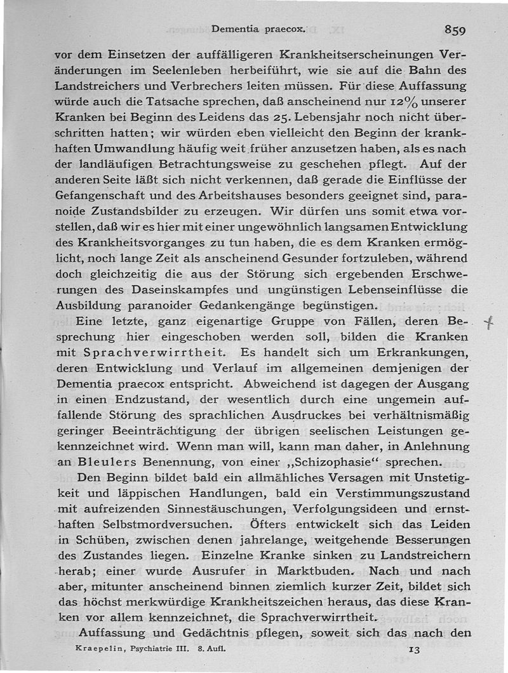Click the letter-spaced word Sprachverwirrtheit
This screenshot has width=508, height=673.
pos(151,352)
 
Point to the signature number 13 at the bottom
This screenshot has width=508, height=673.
pos(413,651)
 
